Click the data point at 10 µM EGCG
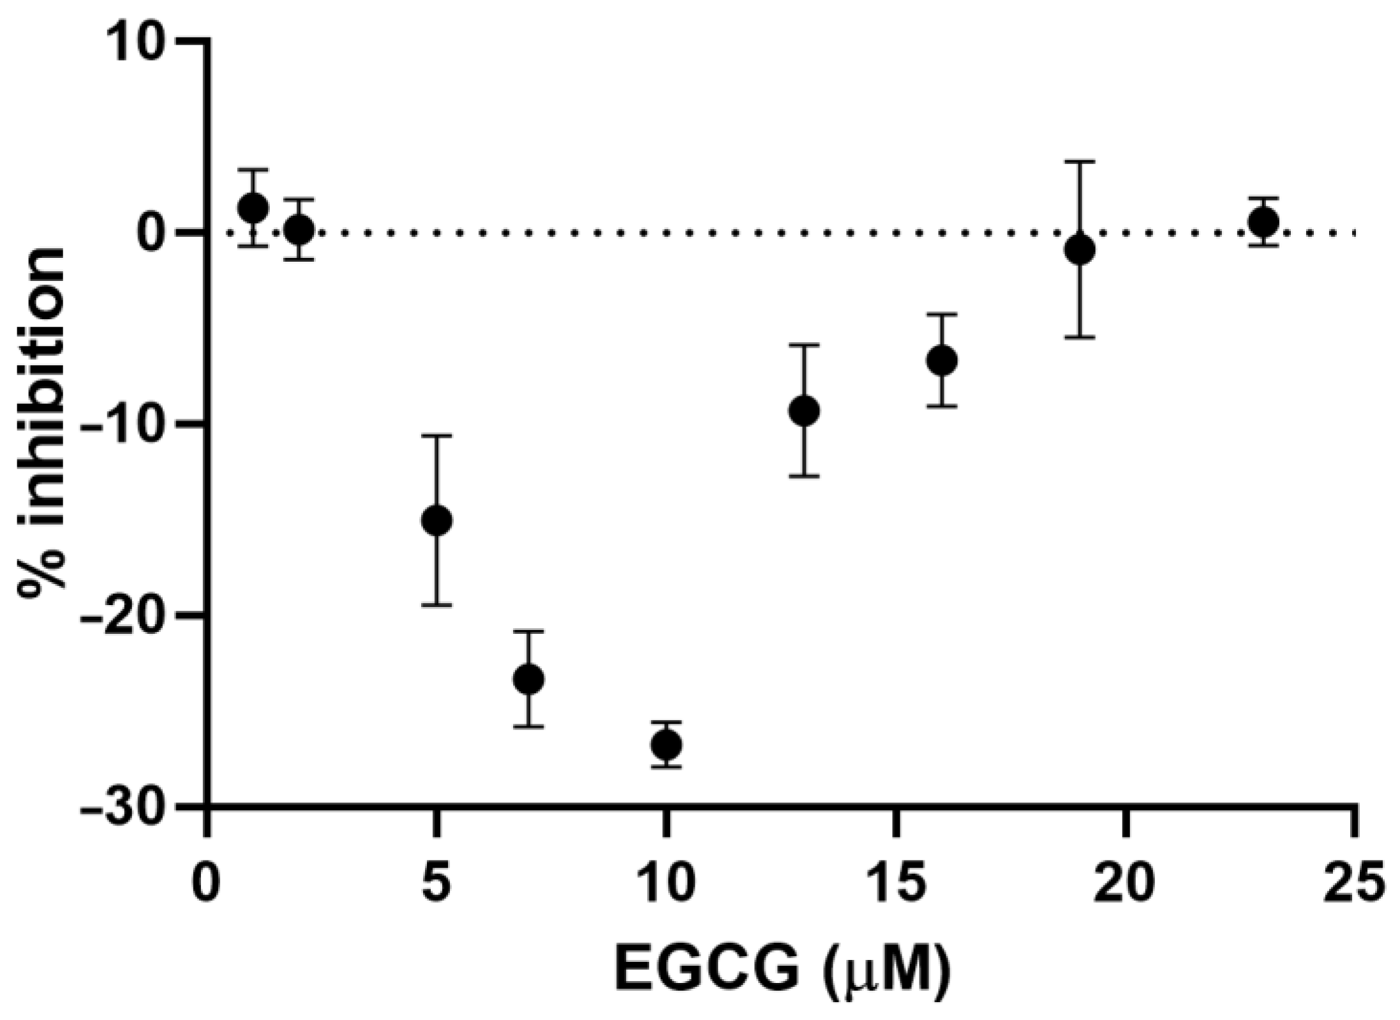[666, 744]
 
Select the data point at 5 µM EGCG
[437, 520]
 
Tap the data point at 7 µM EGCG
[529, 679]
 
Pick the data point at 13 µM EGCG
[804, 411]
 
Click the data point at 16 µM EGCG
[942, 360]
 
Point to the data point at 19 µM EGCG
[1080, 250]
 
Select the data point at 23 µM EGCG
[1263, 222]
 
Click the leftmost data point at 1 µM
[253, 207]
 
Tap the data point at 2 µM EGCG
[299, 229]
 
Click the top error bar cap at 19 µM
[1080, 162]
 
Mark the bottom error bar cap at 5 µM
[437, 605]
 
